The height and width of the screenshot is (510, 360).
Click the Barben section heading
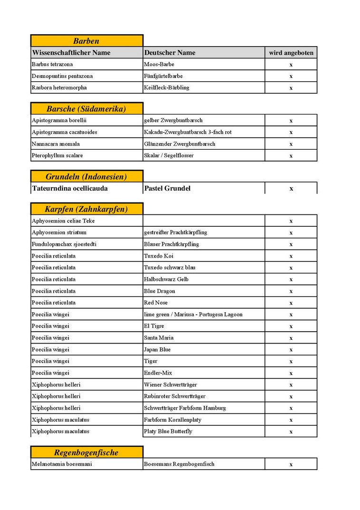point(86,41)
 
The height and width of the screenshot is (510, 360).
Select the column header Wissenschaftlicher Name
point(71,53)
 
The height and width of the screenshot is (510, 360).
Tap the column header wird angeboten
point(291,53)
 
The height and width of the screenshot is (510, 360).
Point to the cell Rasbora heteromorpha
point(59,87)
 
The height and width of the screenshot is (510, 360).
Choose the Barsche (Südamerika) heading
point(86,109)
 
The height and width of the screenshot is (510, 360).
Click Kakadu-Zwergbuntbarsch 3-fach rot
point(188,132)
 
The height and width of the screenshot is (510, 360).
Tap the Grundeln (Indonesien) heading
point(86,177)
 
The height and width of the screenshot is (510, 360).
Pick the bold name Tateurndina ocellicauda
point(70,189)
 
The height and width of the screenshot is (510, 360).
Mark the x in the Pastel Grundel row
point(291,189)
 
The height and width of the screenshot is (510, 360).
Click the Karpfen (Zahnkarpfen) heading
point(86,209)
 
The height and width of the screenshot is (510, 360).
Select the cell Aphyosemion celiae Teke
point(63,221)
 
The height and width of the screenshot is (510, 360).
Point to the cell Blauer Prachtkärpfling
point(171,244)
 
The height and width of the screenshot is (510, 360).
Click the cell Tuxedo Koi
point(159,256)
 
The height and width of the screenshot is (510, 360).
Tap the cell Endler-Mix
point(158,373)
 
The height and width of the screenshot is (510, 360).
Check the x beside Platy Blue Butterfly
point(291,432)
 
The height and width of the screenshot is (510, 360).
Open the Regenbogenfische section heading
point(86,452)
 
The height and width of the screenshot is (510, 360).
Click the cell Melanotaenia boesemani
point(62,464)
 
